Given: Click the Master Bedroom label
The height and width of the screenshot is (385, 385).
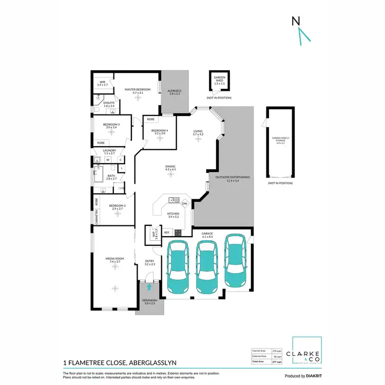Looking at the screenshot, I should (138, 90).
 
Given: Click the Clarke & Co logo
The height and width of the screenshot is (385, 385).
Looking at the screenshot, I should (307, 355).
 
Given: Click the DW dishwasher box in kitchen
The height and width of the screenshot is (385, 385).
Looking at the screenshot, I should (184, 204).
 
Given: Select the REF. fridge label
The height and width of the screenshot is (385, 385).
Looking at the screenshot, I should (167, 233).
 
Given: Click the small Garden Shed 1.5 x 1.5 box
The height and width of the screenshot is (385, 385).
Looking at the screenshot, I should (219, 81).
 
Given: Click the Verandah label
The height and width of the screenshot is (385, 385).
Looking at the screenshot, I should (149, 302).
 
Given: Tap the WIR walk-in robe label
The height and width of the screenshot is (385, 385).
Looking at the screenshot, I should (103, 82).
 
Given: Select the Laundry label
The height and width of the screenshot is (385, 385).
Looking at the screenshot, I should (109, 151).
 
